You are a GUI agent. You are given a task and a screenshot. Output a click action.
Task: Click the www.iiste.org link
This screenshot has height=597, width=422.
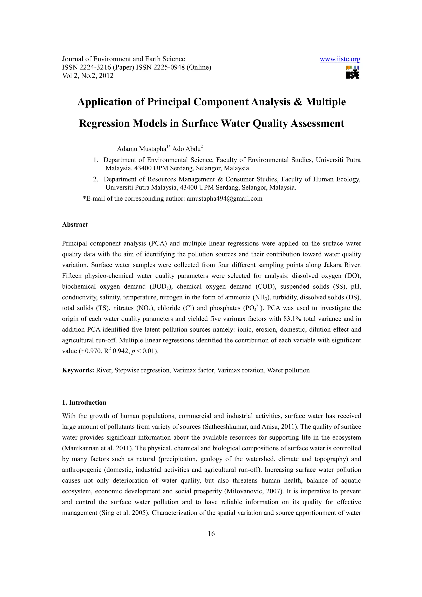(x=340, y=59)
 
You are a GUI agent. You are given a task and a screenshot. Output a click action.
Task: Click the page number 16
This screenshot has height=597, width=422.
(x=211, y=534)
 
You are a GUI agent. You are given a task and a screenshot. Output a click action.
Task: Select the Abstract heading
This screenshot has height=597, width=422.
(x=75, y=225)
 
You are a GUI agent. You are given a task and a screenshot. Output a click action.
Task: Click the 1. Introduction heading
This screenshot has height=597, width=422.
(x=84, y=403)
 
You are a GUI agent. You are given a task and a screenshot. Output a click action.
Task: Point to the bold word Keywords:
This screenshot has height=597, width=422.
(x=78, y=370)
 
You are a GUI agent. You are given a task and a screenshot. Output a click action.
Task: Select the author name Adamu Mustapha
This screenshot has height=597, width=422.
(x=141, y=149)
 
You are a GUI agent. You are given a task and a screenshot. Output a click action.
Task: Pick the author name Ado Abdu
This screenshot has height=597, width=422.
(x=186, y=149)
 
